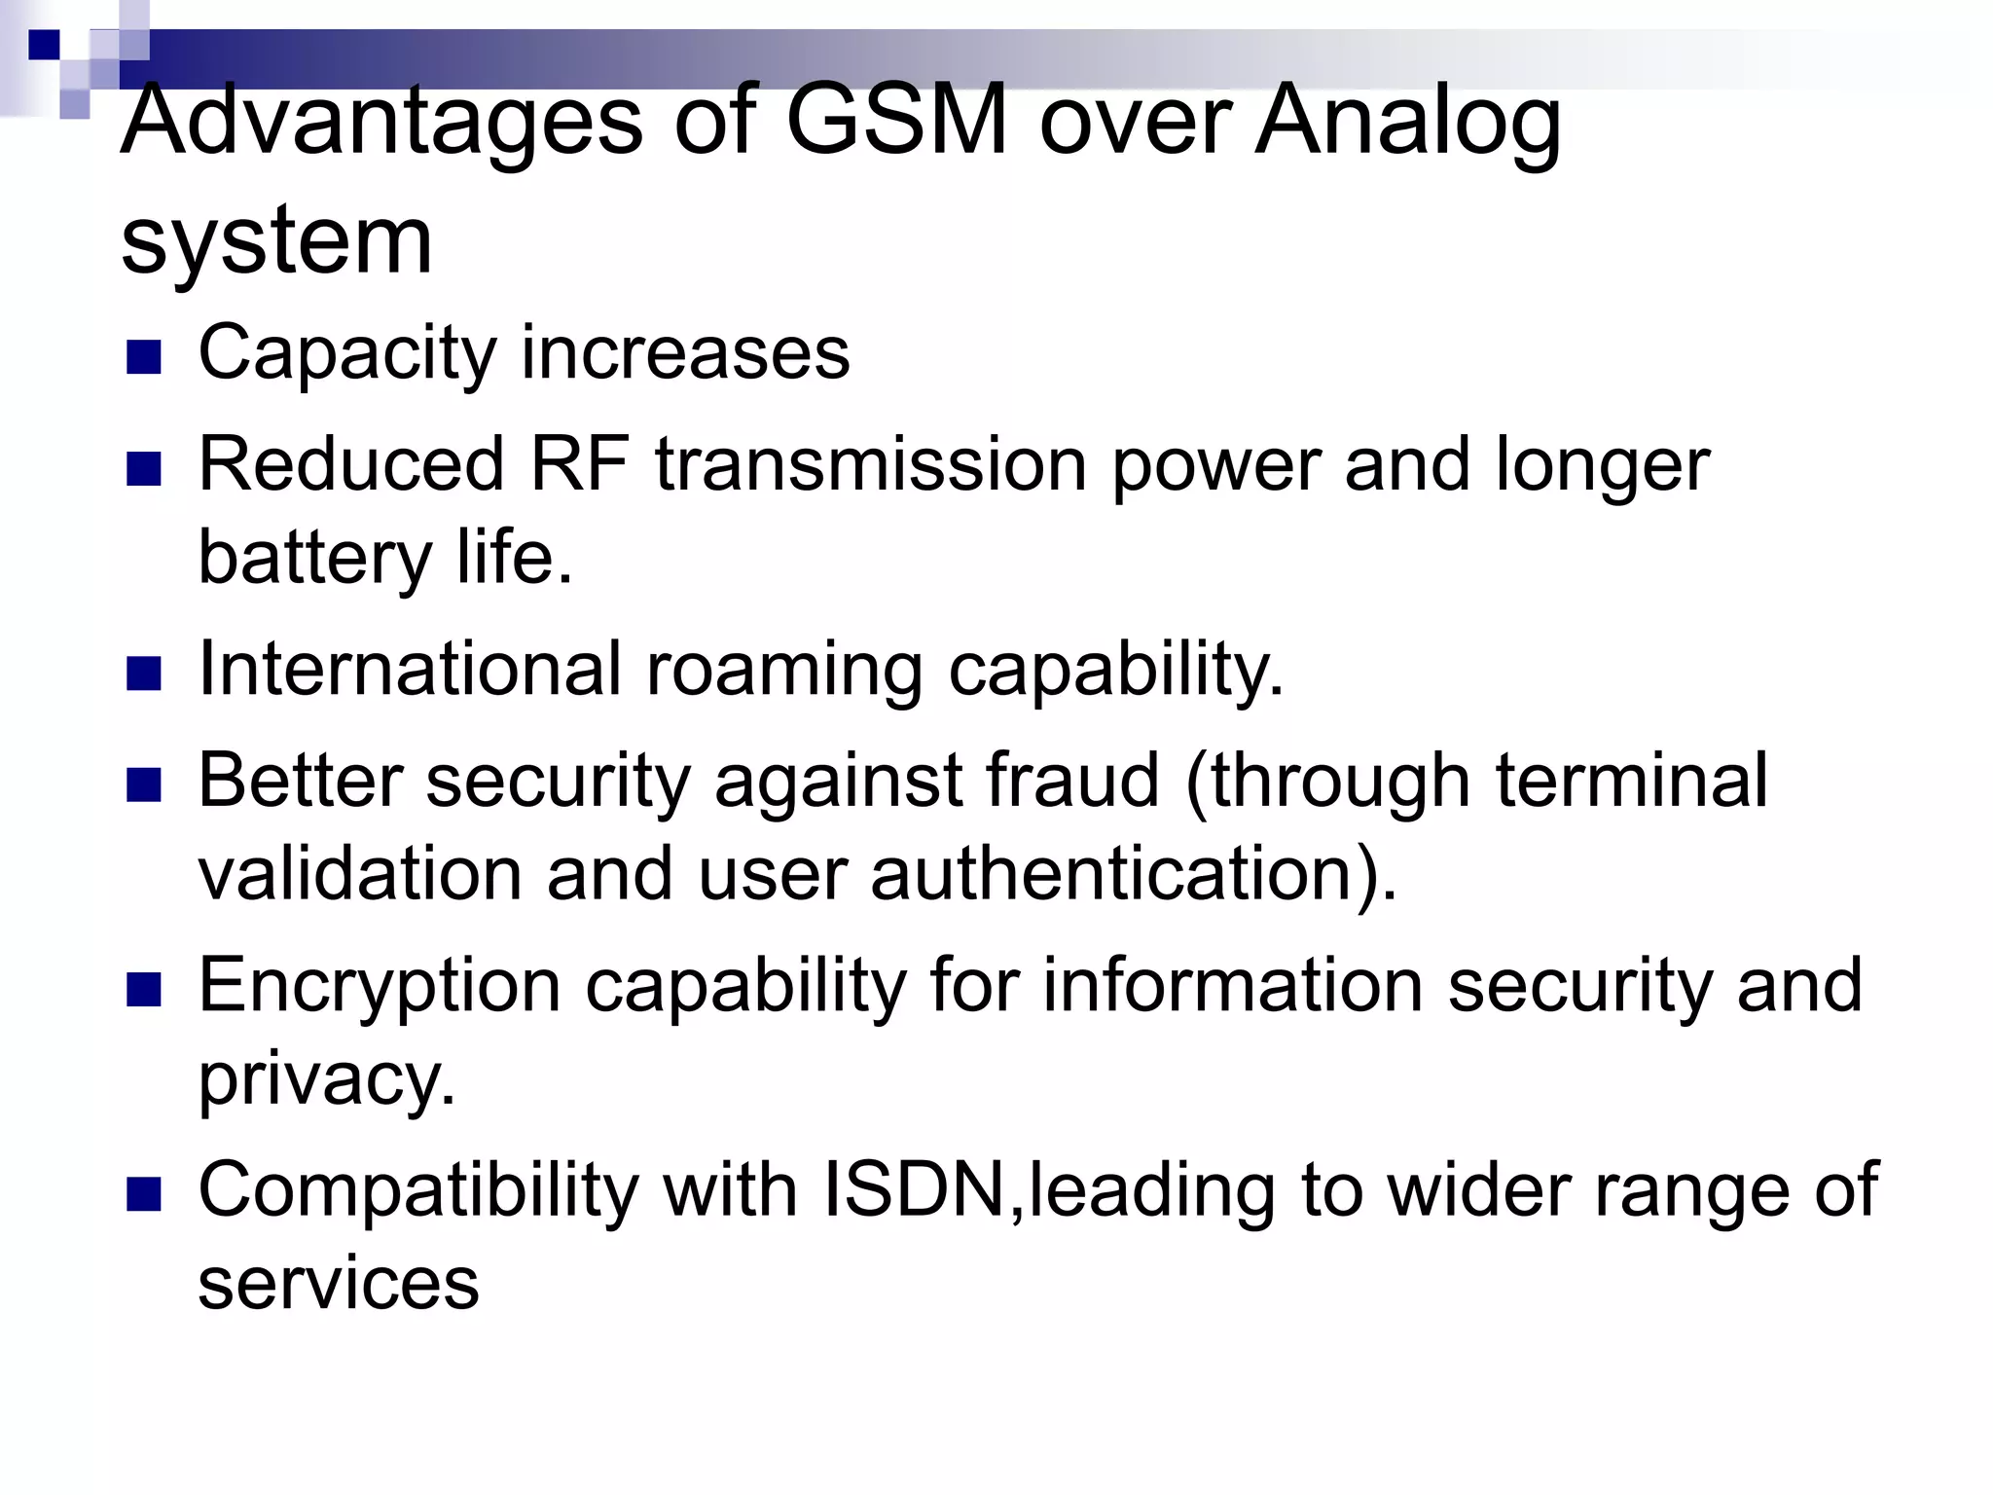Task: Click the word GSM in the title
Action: [x=896, y=122]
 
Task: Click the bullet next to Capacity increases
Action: [x=143, y=358]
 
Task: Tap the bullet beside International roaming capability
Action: [x=143, y=674]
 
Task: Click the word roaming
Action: [x=784, y=670]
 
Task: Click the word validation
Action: [x=360, y=873]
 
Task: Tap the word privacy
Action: [x=327, y=1080]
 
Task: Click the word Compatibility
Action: [x=418, y=1191]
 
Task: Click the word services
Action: [x=339, y=1283]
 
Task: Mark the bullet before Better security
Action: [x=143, y=784]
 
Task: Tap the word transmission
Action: [x=871, y=464]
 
